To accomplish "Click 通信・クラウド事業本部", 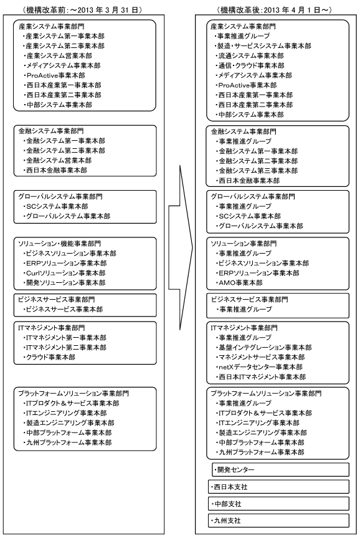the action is click(x=250, y=65).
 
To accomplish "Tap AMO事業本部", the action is click(x=239, y=282).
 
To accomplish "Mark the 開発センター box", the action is click(x=278, y=469).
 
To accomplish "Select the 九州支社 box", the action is click(x=278, y=520).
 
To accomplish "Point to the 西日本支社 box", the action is click(x=278, y=486).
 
